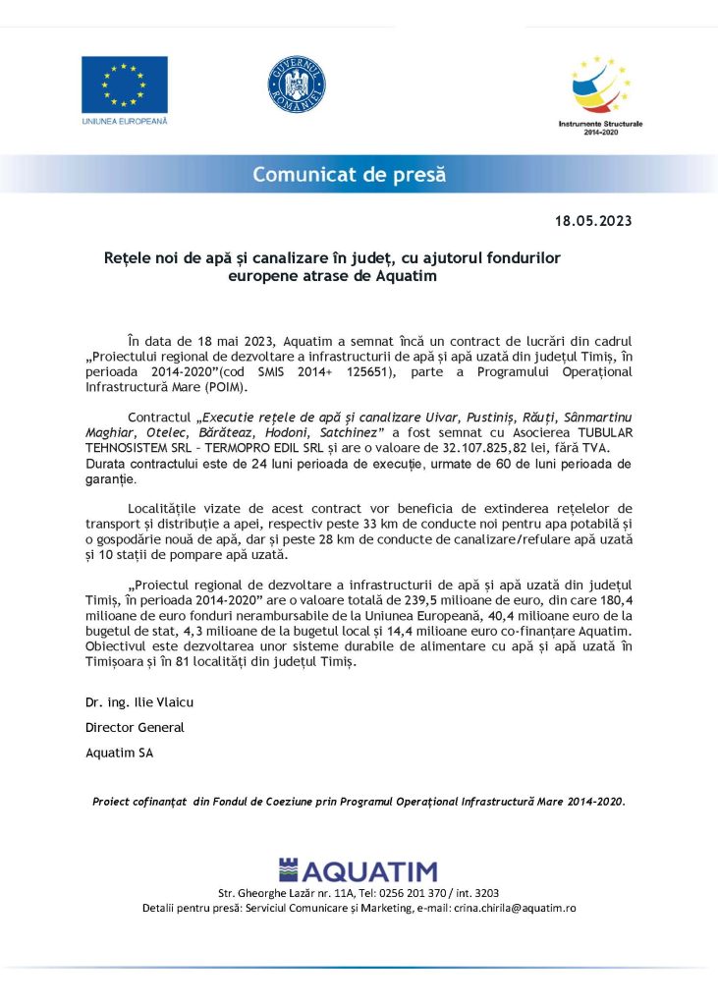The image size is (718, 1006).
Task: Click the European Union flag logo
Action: pos(124,84)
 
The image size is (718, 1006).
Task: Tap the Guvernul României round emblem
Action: pos(297,84)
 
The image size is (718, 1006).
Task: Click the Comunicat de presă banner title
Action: pos(349,175)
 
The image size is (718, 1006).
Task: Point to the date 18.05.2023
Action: pos(593,221)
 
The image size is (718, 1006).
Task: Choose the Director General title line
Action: pos(135,728)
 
